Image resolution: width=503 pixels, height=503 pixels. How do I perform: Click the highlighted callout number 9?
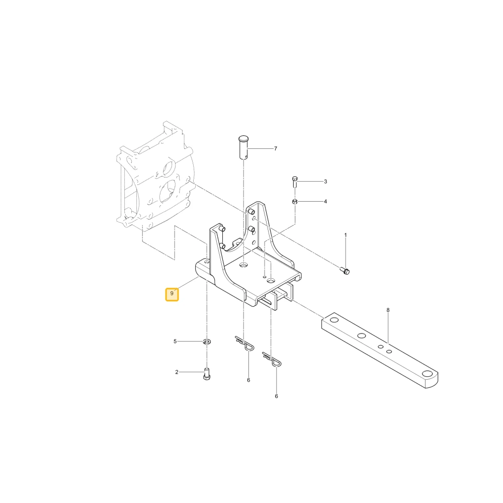(172, 293)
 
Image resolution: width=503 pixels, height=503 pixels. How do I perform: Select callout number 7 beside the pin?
(276, 148)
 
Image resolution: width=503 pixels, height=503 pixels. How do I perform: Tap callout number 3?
(325, 182)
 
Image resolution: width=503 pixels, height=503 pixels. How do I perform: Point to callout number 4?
(325, 202)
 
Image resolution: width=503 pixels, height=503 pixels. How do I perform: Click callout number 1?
(346, 235)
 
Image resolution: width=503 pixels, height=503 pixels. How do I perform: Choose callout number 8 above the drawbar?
(388, 310)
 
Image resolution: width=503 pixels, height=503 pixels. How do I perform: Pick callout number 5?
(175, 342)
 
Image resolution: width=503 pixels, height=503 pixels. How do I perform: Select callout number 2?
(177, 372)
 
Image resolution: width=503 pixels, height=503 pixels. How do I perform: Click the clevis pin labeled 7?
(244, 147)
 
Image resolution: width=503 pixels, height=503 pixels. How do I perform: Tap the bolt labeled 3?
(295, 182)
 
